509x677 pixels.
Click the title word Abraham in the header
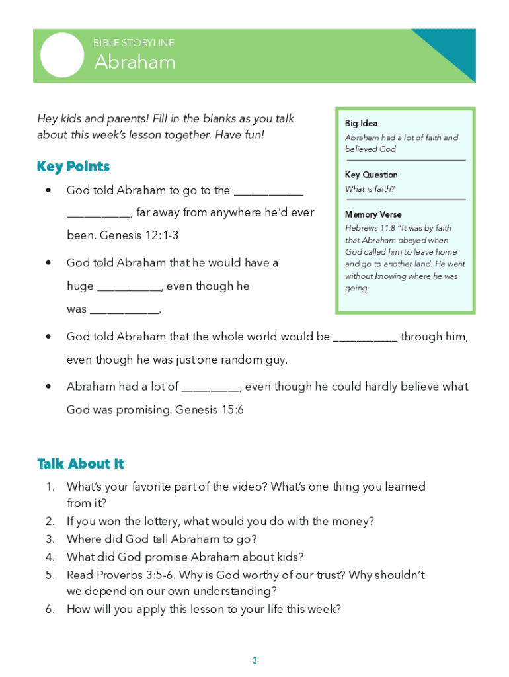135,62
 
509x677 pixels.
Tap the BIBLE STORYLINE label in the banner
134,43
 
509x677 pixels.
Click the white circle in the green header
62,55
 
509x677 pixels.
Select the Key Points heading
73,167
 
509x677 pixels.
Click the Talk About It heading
81,464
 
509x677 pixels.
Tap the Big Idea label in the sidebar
361,124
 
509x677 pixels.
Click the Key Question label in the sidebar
371,175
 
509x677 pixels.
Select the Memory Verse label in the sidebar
373,214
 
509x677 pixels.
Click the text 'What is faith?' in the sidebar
370,189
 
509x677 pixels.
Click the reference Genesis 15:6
210,410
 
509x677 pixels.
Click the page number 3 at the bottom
255,661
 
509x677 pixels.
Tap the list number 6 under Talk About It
50,609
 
